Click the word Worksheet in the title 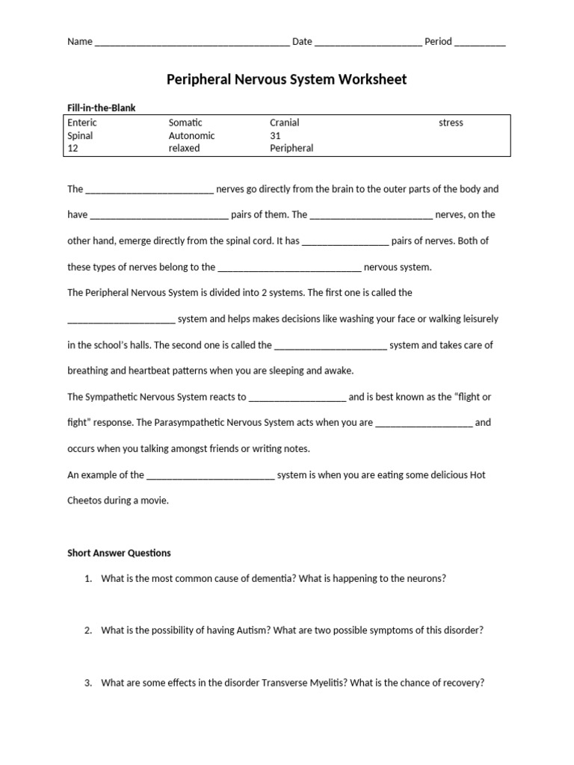tap(366, 79)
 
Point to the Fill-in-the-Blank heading tap(102, 108)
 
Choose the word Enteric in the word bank tap(82, 123)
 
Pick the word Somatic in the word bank tap(185, 123)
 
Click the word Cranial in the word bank tap(285, 123)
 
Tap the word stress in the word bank tap(451, 123)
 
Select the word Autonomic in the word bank tap(191, 136)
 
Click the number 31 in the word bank tap(275, 136)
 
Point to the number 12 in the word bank tap(72, 148)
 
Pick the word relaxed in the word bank tap(184, 148)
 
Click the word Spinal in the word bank tap(80, 136)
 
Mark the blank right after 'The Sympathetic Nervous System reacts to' tap(297, 397)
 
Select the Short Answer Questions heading tap(119, 553)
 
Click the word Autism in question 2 tap(254, 630)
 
